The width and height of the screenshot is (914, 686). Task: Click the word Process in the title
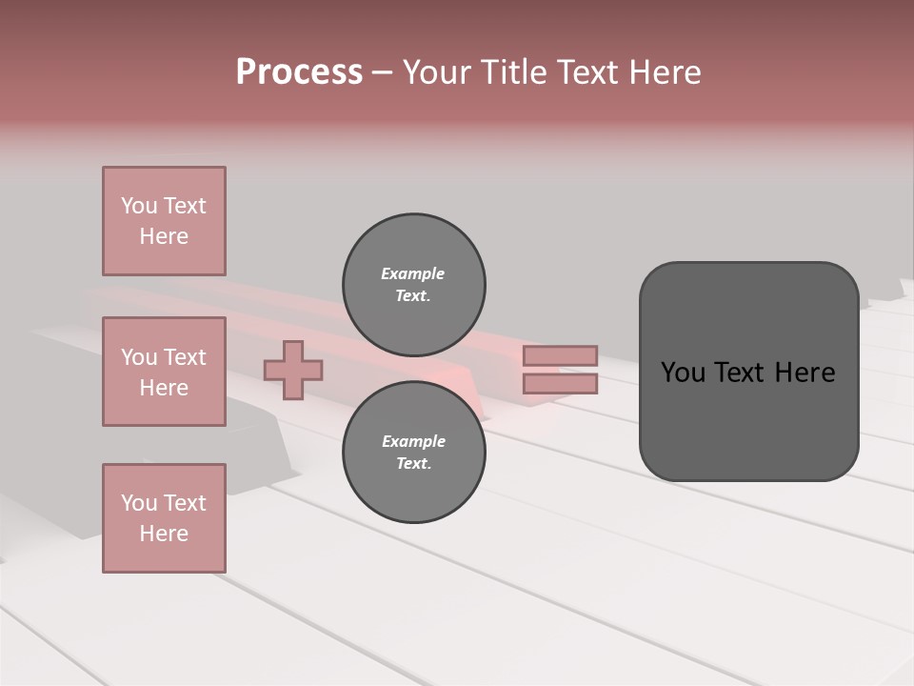pos(299,72)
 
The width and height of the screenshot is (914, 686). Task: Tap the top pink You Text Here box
pos(164,221)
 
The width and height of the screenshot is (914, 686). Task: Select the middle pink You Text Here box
pos(164,372)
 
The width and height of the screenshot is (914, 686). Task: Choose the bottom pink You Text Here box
pos(164,517)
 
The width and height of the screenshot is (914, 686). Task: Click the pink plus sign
pos(293,370)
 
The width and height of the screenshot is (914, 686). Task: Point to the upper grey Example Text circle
pos(413,284)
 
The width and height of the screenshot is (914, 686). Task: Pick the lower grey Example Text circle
pos(413,452)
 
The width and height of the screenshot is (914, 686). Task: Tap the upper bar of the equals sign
pos(560,355)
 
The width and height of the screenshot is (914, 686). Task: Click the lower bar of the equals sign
pos(560,383)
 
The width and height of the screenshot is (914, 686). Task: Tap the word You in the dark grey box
pos(683,373)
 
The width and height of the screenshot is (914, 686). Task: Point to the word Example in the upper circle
pos(413,273)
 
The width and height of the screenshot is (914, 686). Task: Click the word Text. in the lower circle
pos(413,463)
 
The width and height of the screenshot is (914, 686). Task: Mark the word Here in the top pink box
pos(164,236)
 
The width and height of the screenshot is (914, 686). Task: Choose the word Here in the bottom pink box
pos(164,534)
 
